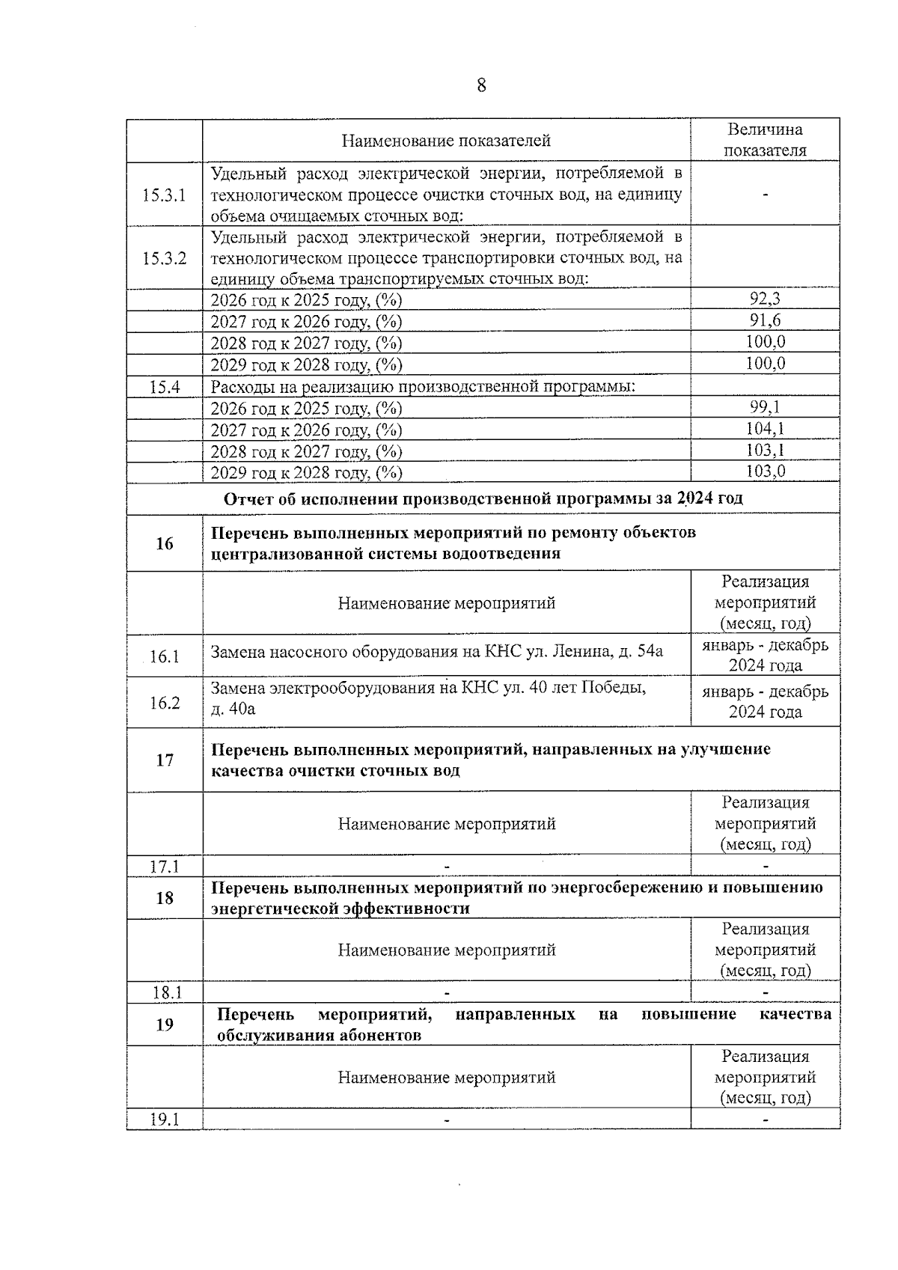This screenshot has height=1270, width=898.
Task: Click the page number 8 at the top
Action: (x=481, y=85)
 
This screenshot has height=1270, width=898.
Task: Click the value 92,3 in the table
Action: (x=765, y=299)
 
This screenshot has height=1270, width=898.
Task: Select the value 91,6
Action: (x=765, y=321)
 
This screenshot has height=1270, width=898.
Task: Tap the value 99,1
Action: (x=765, y=408)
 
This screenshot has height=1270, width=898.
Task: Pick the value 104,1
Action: (x=765, y=429)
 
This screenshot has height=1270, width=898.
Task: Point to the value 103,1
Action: (x=765, y=451)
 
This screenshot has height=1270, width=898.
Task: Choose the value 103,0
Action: (x=765, y=471)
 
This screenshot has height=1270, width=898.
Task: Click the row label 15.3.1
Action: (x=164, y=195)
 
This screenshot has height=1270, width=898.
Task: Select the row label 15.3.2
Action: (x=164, y=258)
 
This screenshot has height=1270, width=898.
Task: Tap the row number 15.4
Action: (x=164, y=387)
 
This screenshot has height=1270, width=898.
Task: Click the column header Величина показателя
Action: (x=765, y=140)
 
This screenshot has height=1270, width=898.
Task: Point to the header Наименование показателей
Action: (x=446, y=141)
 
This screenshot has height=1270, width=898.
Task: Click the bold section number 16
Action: (x=164, y=543)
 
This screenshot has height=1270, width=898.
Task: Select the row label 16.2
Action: (x=164, y=702)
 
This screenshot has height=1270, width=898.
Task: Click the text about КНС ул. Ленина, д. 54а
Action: (x=436, y=652)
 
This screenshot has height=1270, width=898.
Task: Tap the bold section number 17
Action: (x=164, y=760)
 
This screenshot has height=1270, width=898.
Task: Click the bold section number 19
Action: (x=164, y=1025)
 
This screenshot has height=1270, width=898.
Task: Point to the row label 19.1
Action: (x=165, y=1120)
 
